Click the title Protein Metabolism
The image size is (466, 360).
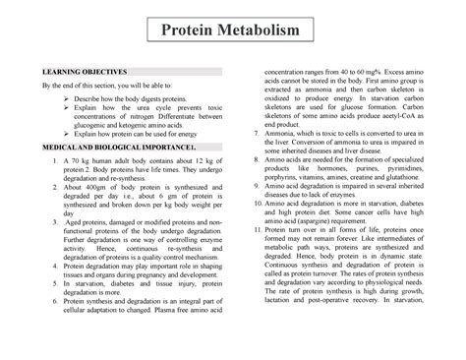[x=232, y=35]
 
